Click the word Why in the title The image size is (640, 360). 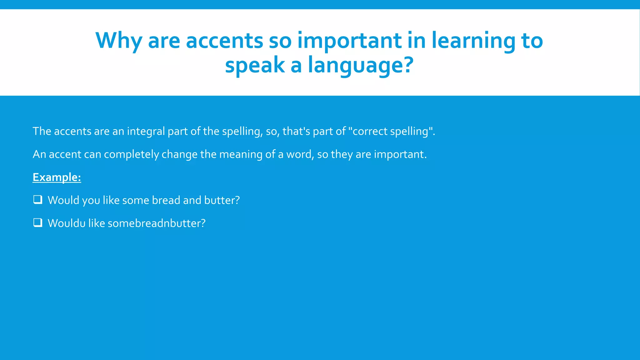pos(119,41)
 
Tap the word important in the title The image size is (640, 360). pos(349,41)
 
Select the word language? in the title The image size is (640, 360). pos(361,65)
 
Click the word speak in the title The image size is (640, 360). pos(255,65)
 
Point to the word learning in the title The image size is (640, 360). pos(473,41)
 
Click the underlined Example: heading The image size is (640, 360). pos(57,177)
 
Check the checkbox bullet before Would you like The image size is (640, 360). pos(38,199)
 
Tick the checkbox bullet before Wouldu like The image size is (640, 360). pos(38,222)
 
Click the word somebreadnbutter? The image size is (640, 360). pos(157,223)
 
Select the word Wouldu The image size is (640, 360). pos(67,223)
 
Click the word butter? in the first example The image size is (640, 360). pos(222,200)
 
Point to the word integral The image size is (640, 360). pos(146,131)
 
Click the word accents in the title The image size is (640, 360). pos(224,41)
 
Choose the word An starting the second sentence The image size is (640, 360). pos(39,154)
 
